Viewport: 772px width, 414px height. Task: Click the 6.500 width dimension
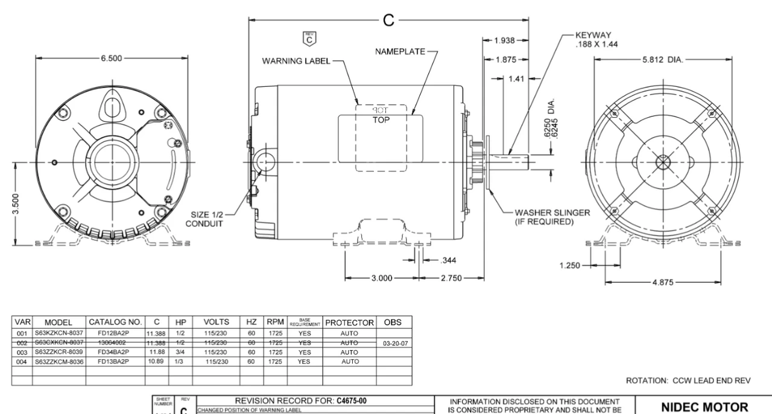(x=112, y=59)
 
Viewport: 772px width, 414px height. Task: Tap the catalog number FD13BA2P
(x=115, y=361)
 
